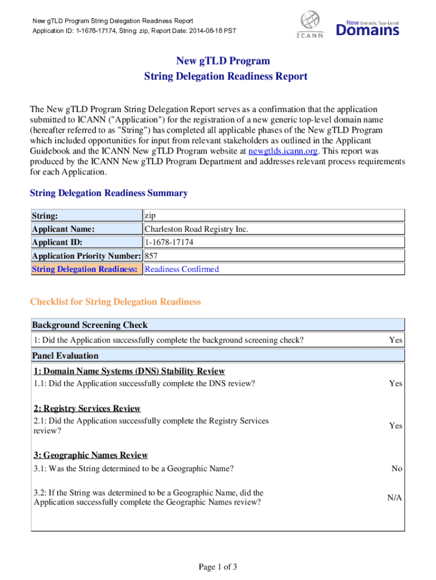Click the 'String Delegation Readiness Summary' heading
tap(109, 193)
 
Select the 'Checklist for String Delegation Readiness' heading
tap(115, 302)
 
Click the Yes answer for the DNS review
tap(396, 383)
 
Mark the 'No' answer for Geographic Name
tap(397, 468)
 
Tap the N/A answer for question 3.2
tap(395, 497)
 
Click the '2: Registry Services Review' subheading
tap(87, 408)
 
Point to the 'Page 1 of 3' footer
tap(218, 567)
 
